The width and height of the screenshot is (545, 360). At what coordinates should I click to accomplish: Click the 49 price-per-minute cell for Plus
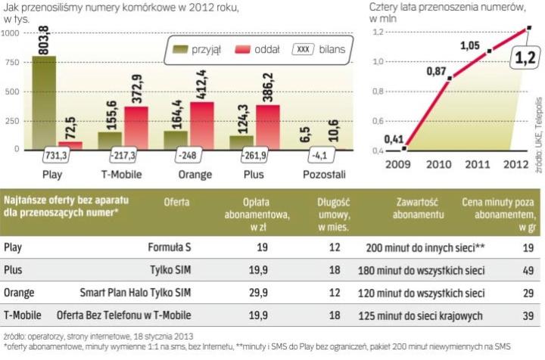coord(528,269)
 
